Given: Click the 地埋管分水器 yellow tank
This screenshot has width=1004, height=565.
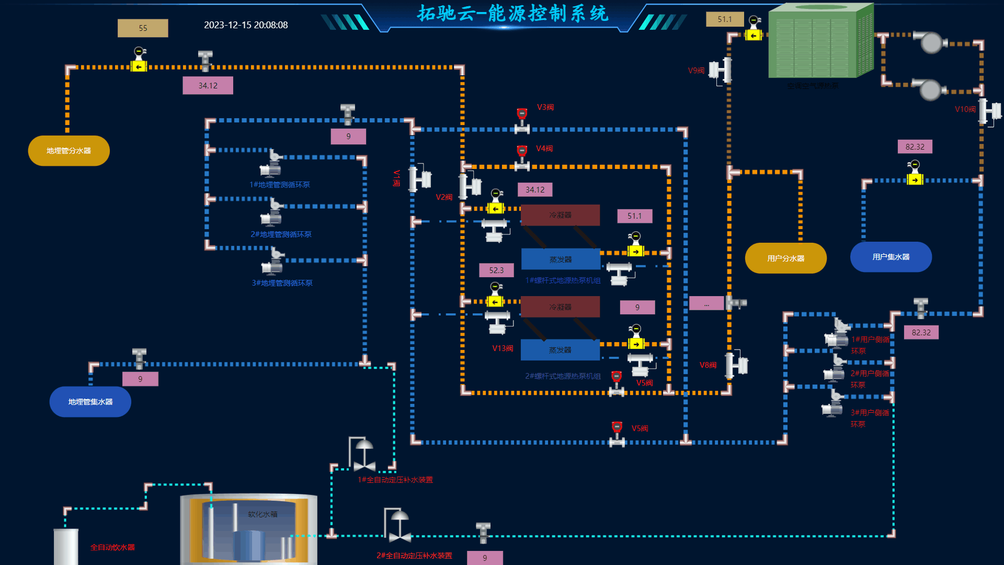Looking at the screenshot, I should (x=69, y=151).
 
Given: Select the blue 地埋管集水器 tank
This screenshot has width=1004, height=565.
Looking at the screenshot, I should (x=90, y=402).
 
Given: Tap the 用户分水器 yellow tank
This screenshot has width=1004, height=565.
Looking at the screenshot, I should (x=785, y=258).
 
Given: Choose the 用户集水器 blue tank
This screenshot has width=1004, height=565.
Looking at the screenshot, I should (x=891, y=257).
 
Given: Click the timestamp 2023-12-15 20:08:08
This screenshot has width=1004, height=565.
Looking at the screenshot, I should (x=246, y=25).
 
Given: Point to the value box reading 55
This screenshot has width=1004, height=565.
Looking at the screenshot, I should (x=143, y=28).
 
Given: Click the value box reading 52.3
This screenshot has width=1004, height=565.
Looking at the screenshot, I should (x=496, y=270).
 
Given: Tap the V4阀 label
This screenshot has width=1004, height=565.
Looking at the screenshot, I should (x=544, y=149).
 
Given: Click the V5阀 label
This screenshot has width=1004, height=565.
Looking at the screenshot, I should (x=640, y=428).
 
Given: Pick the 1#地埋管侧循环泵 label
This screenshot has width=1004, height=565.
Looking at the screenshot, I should (x=280, y=185).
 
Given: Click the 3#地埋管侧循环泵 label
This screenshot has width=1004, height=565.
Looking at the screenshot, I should (x=282, y=283).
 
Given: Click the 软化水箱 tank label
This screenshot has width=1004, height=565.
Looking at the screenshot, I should (x=263, y=514).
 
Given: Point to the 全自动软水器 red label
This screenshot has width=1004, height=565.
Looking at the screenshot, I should (x=112, y=547).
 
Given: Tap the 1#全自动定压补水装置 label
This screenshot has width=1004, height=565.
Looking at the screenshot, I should (x=395, y=480).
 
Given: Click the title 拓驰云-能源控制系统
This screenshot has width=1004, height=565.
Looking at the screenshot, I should (x=512, y=14).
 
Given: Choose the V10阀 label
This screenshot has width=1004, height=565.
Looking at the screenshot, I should (x=965, y=109).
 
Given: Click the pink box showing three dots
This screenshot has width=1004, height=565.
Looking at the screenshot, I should (x=706, y=303).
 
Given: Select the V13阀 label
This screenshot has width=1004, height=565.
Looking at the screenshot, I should (x=503, y=348).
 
